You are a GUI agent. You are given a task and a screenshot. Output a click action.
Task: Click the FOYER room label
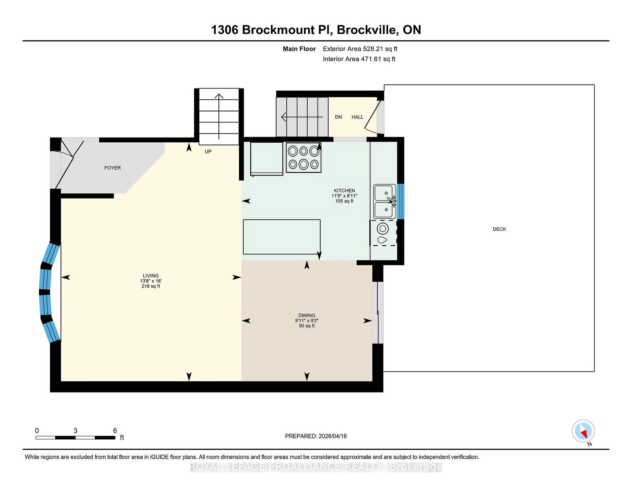(112, 168)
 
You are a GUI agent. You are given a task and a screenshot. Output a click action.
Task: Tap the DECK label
(499, 229)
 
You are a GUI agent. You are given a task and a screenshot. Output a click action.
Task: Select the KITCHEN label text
(344, 191)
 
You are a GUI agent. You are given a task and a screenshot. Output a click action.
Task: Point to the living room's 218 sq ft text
(150, 286)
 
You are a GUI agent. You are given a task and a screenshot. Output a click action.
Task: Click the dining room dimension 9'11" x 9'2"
(307, 321)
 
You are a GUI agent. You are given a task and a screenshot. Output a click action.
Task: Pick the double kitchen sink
(384, 202)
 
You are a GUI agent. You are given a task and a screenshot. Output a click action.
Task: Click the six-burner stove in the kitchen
(303, 157)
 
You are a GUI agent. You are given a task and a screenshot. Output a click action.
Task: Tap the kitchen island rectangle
(282, 237)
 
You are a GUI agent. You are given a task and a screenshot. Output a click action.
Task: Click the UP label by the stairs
(208, 151)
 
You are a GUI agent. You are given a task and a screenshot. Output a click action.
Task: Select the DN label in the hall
(338, 117)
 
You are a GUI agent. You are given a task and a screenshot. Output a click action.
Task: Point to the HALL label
(357, 117)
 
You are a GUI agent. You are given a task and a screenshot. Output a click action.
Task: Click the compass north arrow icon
(583, 431)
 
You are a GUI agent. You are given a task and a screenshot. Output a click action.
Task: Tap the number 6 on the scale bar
(115, 431)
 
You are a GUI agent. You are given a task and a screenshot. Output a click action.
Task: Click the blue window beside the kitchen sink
(401, 202)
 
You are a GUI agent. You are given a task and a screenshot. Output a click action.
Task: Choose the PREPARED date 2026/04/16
(333, 436)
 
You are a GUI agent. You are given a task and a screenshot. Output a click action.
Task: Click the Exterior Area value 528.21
(373, 49)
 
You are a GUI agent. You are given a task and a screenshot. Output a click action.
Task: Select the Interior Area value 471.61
(371, 59)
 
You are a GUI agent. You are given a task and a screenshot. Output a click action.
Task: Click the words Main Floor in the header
(299, 49)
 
